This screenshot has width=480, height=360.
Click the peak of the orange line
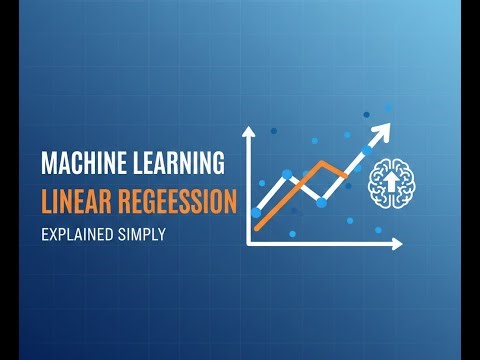point(321,161)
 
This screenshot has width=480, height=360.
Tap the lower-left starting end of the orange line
point(257,228)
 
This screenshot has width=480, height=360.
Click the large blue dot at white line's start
point(256,212)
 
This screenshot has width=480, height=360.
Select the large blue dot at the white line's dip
point(321,201)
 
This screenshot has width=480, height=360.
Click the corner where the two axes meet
point(249,243)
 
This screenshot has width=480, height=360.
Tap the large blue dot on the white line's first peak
point(289,174)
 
